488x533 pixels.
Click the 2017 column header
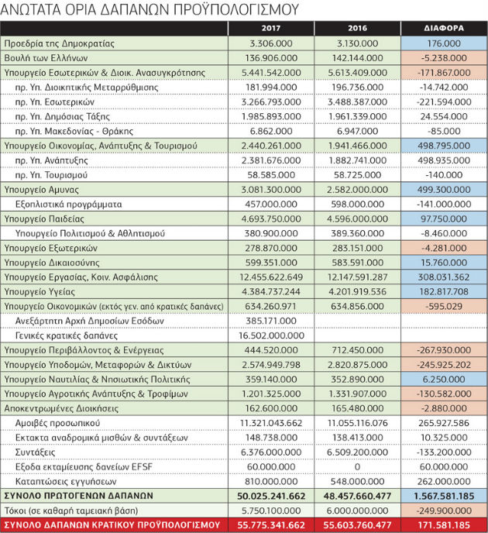(x=271, y=28)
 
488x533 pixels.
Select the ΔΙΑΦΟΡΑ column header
(x=444, y=28)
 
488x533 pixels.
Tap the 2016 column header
(x=357, y=28)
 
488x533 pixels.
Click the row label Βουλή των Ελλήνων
(x=46, y=58)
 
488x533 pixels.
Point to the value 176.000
(x=444, y=43)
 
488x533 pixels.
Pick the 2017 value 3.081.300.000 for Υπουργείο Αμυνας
(x=271, y=190)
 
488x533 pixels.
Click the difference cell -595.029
(x=444, y=306)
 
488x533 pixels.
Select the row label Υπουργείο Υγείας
(x=40, y=292)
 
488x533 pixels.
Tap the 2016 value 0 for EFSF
(x=357, y=467)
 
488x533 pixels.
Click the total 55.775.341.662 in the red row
(x=271, y=525)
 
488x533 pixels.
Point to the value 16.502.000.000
(x=271, y=335)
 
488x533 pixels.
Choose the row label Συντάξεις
(x=35, y=452)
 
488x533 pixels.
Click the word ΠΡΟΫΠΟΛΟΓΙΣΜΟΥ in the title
(x=236, y=10)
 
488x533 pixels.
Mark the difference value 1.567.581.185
(x=444, y=496)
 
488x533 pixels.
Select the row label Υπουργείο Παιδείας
(x=44, y=219)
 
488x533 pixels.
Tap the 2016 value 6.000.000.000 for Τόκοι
(x=357, y=511)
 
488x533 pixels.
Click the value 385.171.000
(x=271, y=321)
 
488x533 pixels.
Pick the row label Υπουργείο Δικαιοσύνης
(x=52, y=263)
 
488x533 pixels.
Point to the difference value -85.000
(x=444, y=131)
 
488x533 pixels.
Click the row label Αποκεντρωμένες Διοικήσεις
(x=61, y=408)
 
